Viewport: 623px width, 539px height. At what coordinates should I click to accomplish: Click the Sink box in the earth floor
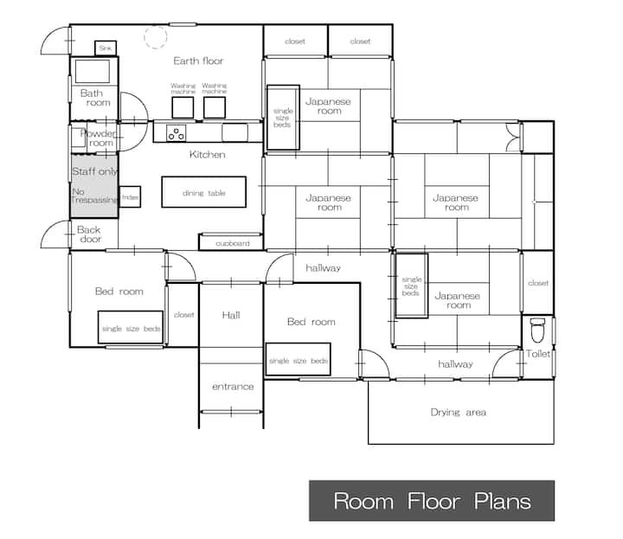[106, 48]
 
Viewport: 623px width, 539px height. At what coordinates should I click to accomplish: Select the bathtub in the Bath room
[93, 72]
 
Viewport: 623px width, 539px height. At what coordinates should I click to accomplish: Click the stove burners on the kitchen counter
[176, 133]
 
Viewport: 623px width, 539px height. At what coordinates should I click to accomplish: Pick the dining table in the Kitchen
[204, 192]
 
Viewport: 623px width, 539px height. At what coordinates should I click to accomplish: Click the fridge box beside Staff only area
[130, 196]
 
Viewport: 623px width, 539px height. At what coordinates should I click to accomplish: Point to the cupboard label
[233, 243]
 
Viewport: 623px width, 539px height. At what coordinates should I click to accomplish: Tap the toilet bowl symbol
[537, 330]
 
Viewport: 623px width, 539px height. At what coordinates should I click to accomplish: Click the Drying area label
[458, 413]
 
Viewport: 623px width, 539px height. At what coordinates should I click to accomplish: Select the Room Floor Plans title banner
[432, 500]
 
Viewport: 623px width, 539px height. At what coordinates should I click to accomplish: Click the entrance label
[233, 387]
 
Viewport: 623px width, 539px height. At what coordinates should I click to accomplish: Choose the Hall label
[231, 316]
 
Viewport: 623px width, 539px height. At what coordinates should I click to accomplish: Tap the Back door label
[89, 234]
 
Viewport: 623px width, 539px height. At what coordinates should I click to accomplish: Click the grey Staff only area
[94, 186]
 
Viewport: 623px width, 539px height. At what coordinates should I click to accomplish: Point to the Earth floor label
[198, 61]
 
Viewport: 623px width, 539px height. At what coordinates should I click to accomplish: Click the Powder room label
[99, 138]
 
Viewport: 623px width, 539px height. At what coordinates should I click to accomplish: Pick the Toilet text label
[538, 354]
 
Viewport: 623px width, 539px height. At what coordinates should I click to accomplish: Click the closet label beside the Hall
[184, 315]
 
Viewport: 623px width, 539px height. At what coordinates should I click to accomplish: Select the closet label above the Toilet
[538, 283]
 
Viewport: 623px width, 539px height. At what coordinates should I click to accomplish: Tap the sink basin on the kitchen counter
[234, 132]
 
